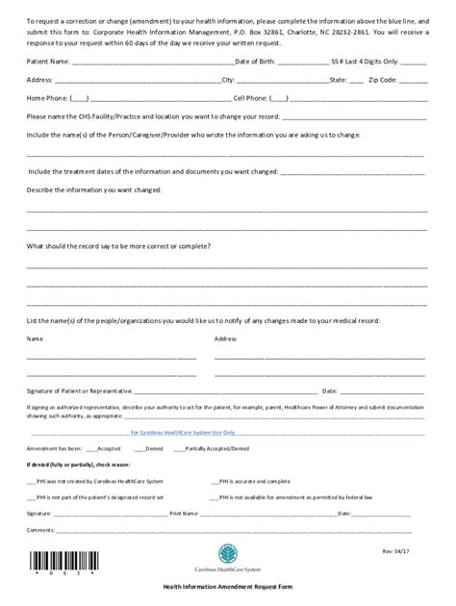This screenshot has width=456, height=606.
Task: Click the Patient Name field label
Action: click(48, 61)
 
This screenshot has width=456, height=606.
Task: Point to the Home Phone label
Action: click(47, 98)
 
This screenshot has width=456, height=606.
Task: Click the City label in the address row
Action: click(228, 79)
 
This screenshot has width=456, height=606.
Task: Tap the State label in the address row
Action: click(341, 79)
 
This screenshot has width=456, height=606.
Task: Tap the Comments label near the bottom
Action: click(40, 529)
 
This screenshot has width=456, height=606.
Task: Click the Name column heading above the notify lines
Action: click(35, 339)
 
